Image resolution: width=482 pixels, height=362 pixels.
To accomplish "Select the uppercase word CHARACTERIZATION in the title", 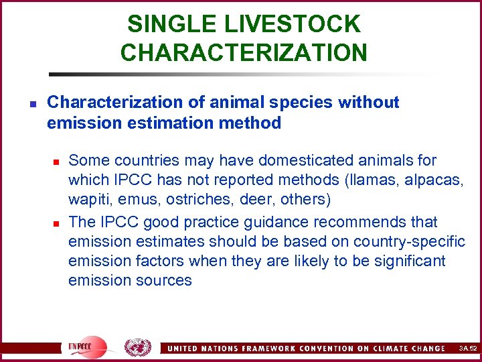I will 244,52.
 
